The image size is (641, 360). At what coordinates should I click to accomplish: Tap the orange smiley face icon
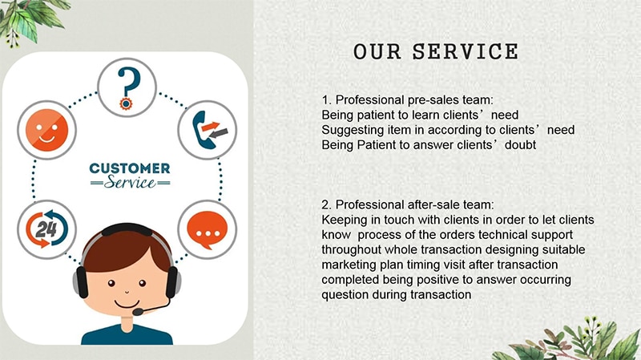point(46,130)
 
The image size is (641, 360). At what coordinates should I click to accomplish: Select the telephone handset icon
point(208,130)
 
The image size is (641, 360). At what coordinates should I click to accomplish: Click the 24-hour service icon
point(46,229)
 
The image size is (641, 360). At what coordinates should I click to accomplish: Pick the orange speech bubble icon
point(208,229)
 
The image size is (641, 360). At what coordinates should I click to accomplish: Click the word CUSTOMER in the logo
point(130,168)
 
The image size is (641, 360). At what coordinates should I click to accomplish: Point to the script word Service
point(130,182)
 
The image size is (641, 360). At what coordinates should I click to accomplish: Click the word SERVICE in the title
point(466,52)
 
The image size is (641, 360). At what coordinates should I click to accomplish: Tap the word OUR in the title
point(377,52)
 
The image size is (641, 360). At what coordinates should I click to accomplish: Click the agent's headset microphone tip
point(138,312)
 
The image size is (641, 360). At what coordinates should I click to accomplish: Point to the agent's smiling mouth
point(127,304)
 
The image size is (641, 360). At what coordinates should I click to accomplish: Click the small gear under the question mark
point(126,104)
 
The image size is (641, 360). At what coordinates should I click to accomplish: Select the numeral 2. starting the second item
point(326,204)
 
